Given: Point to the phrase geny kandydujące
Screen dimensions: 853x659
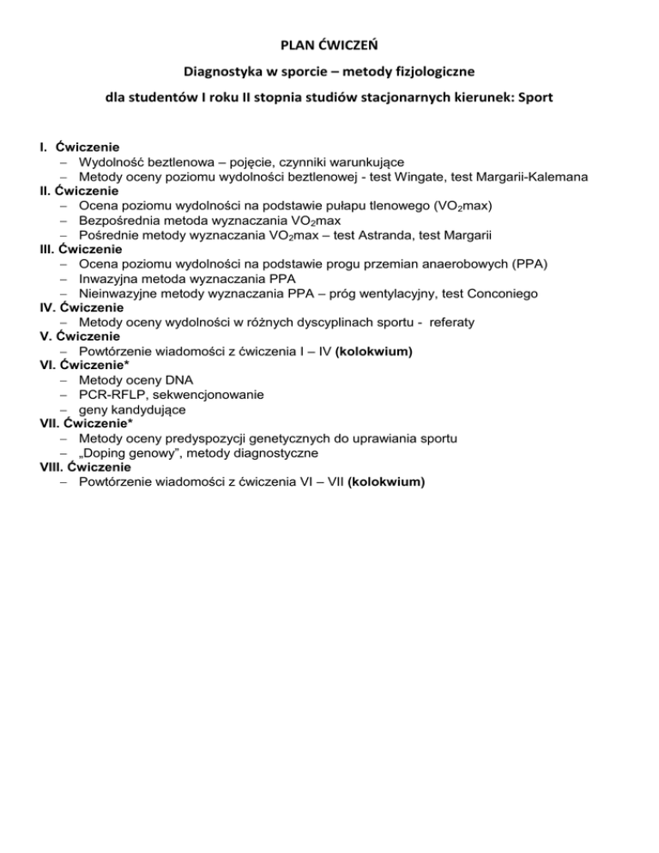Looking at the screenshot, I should click(130, 409).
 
